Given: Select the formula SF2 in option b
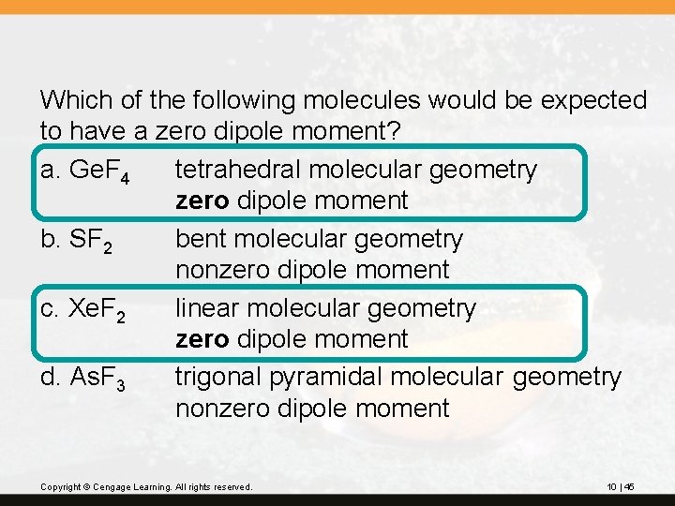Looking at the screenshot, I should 92,241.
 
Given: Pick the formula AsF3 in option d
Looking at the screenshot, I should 102,379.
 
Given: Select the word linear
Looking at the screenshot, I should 207,307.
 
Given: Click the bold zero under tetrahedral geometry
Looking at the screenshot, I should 202,201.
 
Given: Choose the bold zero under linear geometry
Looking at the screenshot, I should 202,339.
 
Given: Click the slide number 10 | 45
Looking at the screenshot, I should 621,486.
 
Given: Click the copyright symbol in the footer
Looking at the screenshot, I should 82,487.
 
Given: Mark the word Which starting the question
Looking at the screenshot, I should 73,99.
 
